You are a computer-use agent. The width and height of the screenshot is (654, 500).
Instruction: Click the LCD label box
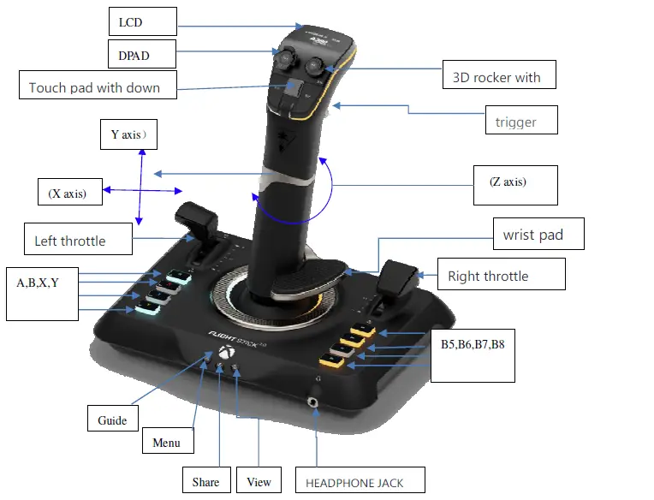click(142, 21)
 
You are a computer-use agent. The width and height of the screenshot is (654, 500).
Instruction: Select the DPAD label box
click(141, 55)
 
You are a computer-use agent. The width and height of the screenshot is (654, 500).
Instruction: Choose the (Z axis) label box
click(514, 184)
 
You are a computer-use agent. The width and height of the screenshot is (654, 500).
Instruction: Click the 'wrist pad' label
click(538, 234)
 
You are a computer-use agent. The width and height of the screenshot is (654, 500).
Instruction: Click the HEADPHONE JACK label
click(360, 480)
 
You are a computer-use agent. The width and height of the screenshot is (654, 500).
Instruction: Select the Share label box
click(205, 480)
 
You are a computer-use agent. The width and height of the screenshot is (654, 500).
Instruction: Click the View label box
click(259, 480)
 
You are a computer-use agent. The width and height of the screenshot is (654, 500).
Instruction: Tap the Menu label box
click(168, 441)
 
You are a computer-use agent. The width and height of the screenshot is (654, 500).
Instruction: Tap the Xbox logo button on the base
click(225, 353)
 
